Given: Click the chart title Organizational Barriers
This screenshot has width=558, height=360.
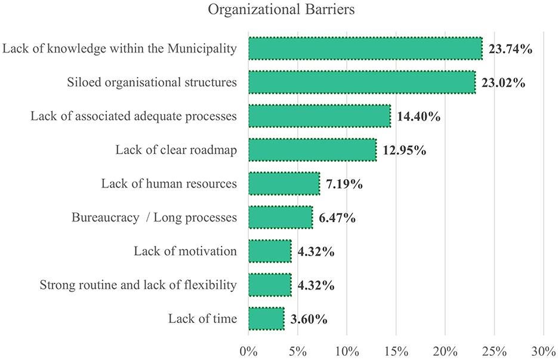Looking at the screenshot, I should pos(278,11).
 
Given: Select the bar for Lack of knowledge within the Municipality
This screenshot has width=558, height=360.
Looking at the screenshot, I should pos(365,49).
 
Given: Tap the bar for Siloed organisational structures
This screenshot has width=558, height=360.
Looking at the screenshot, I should pos(362,82).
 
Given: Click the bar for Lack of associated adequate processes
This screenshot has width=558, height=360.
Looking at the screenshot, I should pos(319,116).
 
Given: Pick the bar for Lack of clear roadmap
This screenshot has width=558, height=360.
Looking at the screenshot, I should pos(312,150).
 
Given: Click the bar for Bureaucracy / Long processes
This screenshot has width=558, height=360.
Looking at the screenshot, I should pos(280,217).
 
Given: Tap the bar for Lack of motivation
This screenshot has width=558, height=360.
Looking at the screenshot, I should pos(270,251).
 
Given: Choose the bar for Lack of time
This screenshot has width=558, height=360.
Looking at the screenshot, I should pos(266,319).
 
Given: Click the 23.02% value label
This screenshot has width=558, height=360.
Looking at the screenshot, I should pos(504,83).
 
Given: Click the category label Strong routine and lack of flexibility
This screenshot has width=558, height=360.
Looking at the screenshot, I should pos(138,285).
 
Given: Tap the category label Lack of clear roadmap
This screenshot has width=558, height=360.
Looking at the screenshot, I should pos(176,150).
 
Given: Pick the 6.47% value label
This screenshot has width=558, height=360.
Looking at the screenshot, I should pos(337,218).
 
